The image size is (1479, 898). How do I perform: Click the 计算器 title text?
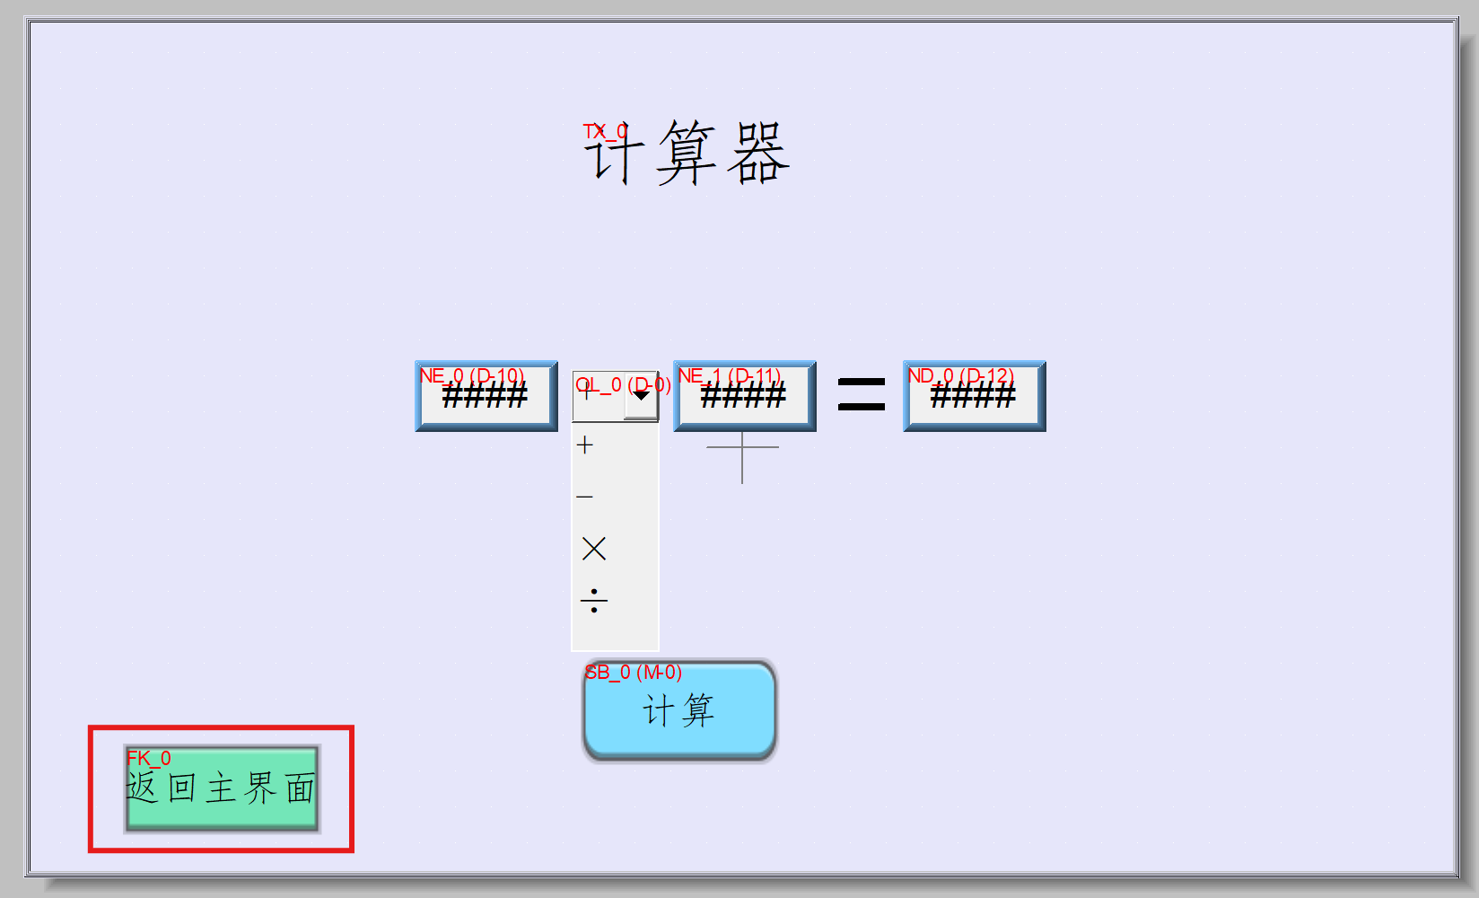687,154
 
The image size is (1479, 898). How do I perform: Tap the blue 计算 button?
679,711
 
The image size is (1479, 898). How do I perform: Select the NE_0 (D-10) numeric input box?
486,396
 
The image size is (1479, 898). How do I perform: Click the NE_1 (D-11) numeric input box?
744,396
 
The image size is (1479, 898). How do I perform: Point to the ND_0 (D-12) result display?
974,396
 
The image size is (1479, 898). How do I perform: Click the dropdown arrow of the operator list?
642,396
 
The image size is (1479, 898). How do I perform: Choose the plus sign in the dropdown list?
585,445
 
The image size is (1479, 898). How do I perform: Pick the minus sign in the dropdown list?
585,496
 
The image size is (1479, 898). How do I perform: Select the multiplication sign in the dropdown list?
593,548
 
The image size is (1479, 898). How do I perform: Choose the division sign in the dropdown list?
593,600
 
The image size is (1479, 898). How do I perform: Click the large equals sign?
861,394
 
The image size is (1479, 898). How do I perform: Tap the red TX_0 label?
604,132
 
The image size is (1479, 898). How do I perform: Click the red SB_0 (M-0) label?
634,672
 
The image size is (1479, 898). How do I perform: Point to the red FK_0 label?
148,758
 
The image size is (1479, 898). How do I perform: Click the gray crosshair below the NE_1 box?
742,447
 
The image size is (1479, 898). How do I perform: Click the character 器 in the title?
758,154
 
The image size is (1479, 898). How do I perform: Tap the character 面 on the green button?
300,788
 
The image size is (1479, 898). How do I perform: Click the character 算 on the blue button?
697,710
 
